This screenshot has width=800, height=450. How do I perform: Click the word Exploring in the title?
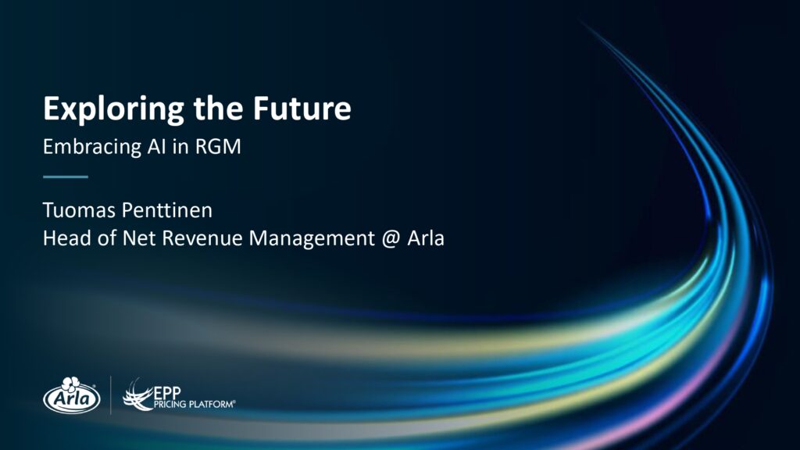(x=113, y=109)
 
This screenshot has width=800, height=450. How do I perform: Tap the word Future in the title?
(x=302, y=108)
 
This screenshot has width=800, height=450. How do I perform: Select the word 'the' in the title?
(x=219, y=108)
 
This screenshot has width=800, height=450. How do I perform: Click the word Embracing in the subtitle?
(x=92, y=148)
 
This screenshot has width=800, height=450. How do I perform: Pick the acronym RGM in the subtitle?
(x=218, y=147)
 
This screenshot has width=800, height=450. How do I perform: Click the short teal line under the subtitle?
(x=66, y=177)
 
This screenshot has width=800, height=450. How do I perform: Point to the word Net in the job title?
(x=139, y=238)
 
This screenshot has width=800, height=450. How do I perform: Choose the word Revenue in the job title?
(x=202, y=238)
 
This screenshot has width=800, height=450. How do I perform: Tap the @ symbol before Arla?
(x=391, y=239)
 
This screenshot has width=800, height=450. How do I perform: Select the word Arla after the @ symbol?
(x=426, y=238)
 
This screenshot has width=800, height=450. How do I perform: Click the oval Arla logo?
(x=71, y=396)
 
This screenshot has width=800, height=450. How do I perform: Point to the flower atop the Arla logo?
(x=71, y=384)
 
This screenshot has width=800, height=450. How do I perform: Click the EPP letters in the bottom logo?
(x=167, y=394)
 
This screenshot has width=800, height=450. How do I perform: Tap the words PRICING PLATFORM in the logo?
(x=194, y=405)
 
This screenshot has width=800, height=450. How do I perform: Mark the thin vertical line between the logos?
(x=111, y=395)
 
